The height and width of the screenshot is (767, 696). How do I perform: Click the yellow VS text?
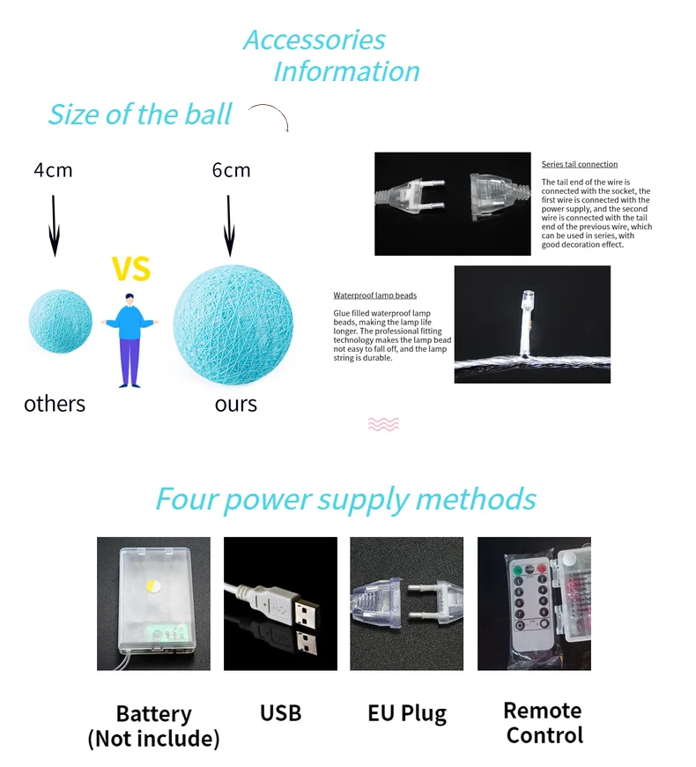(x=131, y=269)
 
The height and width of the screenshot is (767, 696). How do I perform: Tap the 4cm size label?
(x=53, y=170)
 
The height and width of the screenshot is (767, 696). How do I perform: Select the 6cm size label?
(x=231, y=170)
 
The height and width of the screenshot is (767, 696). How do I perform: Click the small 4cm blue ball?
(x=60, y=321)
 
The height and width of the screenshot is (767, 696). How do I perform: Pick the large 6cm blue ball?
(x=233, y=324)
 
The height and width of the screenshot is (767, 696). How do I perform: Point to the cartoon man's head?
(x=129, y=300)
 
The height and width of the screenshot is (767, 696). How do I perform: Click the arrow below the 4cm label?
(x=55, y=226)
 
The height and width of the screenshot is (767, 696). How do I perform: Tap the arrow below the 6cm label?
(x=229, y=226)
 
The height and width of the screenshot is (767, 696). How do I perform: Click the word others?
(x=55, y=404)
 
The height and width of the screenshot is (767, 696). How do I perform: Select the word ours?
(x=236, y=405)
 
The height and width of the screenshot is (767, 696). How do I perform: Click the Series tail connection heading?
(x=579, y=164)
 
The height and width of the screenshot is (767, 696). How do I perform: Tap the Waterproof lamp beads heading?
(x=375, y=295)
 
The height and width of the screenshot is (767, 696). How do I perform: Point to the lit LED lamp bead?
(x=527, y=298)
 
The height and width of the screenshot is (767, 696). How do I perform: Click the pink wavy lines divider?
(x=383, y=424)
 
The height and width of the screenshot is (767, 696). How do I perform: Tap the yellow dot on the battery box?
(x=153, y=585)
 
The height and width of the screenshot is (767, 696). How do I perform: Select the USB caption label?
(x=280, y=713)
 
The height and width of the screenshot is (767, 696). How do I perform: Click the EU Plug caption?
(x=407, y=714)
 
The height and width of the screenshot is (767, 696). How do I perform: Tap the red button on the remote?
(x=542, y=569)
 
